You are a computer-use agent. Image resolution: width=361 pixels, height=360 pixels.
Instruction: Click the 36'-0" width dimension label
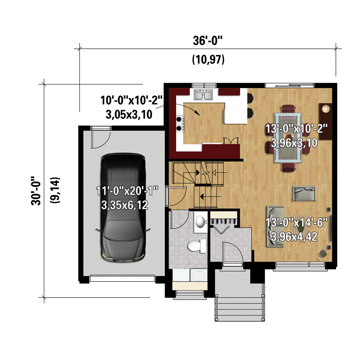pos(208,41)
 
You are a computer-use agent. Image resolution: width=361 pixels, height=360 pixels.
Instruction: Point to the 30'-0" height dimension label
pos(36,191)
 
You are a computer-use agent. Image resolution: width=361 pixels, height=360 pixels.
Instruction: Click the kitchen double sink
pos(203,95)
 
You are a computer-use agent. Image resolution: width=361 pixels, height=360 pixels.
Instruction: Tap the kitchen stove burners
pos(180,124)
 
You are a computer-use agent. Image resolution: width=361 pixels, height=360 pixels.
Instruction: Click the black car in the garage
pos(123,207)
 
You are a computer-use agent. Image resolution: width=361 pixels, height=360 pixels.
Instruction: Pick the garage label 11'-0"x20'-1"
pos(127,191)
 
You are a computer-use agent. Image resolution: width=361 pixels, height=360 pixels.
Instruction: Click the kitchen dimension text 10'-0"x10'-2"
pos(131,100)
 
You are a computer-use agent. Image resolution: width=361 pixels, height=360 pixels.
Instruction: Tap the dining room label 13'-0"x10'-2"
pos(296,129)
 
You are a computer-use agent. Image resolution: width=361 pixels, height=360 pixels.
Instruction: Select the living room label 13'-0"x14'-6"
pos(296,222)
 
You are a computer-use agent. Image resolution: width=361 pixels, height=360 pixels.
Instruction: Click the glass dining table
pos(287,138)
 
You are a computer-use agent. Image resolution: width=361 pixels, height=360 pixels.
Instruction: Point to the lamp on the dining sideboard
pos(325,109)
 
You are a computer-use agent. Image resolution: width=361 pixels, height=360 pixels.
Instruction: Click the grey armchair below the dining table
pos(304,193)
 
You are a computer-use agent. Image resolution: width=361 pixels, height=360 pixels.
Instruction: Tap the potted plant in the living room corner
pos(323,254)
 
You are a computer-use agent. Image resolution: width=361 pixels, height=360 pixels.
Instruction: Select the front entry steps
pos(240,308)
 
